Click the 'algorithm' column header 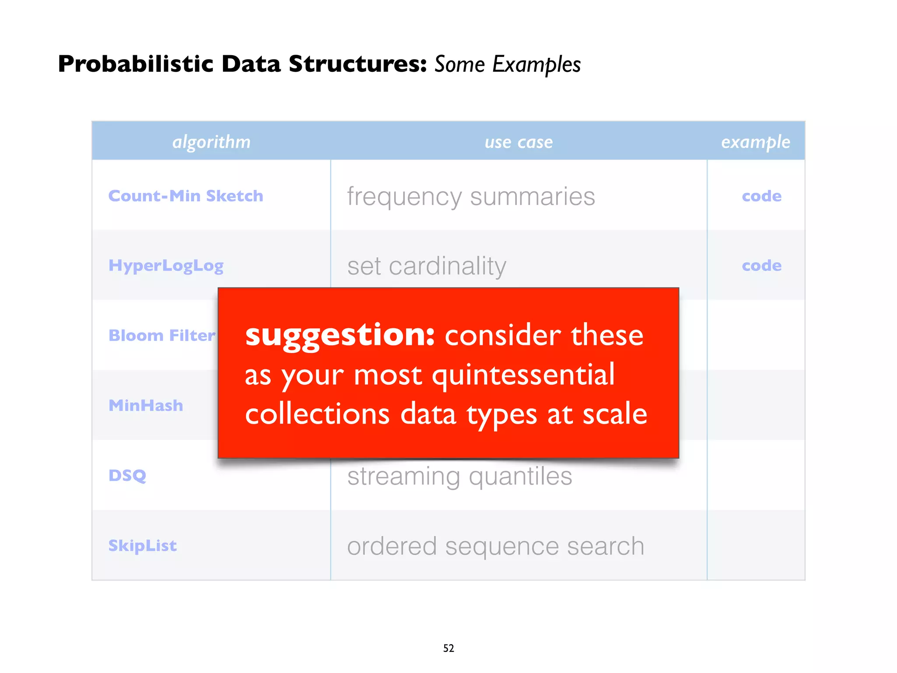(x=211, y=142)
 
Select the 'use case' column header (x=519, y=142)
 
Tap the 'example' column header (x=756, y=142)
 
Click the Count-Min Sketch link (x=186, y=196)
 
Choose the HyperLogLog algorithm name (x=166, y=266)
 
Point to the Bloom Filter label (x=162, y=336)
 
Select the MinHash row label (x=146, y=405)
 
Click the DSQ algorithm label (x=127, y=475)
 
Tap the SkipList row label (x=142, y=545)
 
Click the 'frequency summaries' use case (x=471, y=196)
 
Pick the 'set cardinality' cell (x=427, y=266)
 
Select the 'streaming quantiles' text (x=459, y=476)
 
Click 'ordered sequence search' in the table (x=495, y=546)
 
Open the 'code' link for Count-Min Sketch (x=762, y=196)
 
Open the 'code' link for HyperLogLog (x=762, y=266)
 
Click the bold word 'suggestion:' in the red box (x=340, y=335)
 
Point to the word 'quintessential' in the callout (x=523, y=375)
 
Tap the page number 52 (x=448, y=648)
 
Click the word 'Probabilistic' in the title (x=135, y=64)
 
